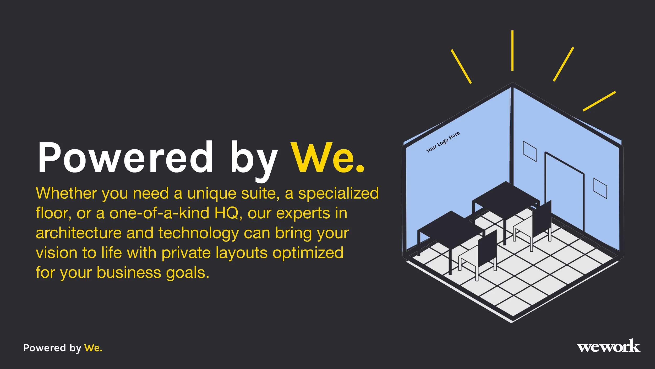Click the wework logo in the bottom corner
[x=608, y=346]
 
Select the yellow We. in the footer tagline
[x=93, y=348]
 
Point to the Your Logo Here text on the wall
[x=443, y=142]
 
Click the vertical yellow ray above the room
[x=512, y=50]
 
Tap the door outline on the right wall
[x=565, y=192]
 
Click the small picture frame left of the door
[x=530, y=151]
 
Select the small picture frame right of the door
[x=600, y=188]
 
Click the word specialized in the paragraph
[x=339, y=193]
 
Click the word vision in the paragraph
[x=56, y=253]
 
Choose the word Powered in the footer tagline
[x=45, y=348]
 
